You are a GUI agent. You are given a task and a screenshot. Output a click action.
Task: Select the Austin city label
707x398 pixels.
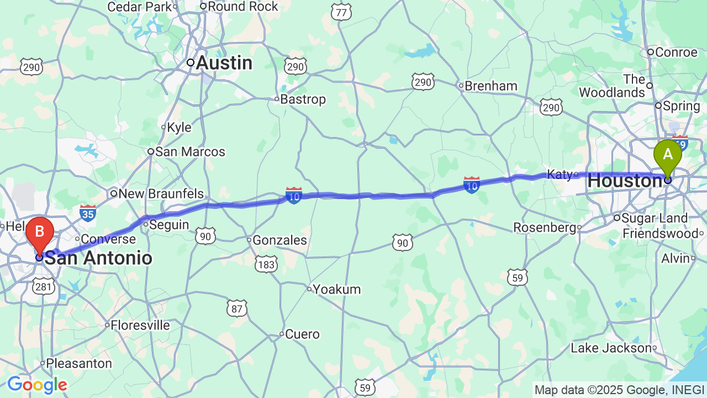coord(224,63)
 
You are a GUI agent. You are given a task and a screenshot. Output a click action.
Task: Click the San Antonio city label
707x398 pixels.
coord(98,258)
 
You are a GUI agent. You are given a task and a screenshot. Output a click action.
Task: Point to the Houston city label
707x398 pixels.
coord(621,181)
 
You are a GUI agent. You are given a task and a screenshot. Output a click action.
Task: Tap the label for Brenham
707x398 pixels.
coord(490,86)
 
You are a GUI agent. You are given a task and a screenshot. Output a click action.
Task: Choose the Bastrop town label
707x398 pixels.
coord(303,99)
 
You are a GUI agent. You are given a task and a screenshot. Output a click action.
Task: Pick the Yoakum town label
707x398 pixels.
coord(337,289)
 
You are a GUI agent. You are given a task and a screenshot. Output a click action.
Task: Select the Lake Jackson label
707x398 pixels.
coord(611,348)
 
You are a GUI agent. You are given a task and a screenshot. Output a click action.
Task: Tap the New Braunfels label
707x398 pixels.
coord(161,194)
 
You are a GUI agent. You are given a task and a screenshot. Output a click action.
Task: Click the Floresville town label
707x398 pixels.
coord(140,325)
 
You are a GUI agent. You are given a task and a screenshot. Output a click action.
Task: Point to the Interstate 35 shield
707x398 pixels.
coord(87,213)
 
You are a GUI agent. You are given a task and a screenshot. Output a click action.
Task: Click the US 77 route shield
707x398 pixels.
coord(342,12)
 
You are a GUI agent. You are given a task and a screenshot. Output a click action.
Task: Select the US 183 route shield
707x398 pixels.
coord(266,265)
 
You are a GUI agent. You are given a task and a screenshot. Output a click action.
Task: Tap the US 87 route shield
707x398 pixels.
coord(237,308)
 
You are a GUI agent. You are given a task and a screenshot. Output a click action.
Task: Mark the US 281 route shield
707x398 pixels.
coord(43,286)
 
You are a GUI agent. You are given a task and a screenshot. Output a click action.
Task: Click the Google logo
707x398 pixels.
coord(37,385)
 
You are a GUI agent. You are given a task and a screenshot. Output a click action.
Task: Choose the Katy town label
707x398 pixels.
coord(559,175)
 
